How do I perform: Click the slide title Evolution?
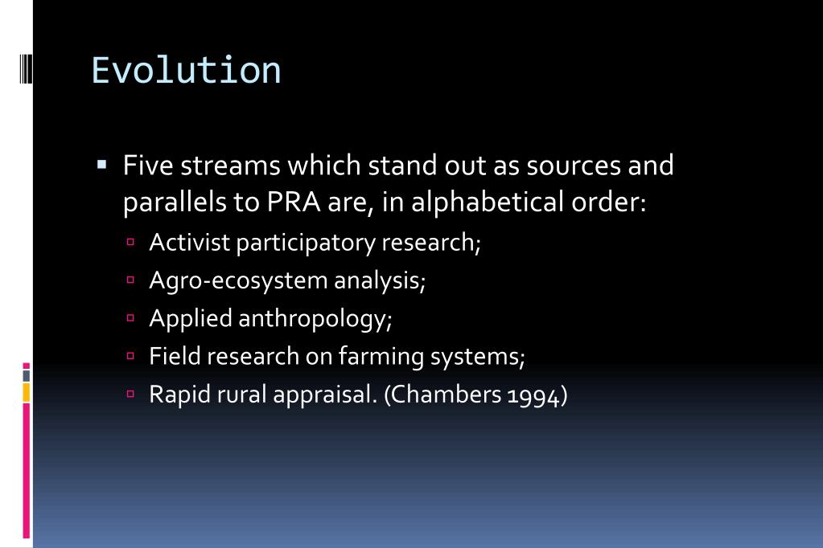click(x=186, y=71)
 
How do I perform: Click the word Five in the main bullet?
click(x=148, y=166)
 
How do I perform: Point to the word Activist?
click(x=189, y=243)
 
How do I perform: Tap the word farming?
click(x=383, y=357)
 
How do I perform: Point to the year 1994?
click(x=534, y=396)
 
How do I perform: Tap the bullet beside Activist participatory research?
click(x=131, y=243)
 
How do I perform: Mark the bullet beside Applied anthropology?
click(x=131, y=319)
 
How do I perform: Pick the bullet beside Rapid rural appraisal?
click(x=131, y=395)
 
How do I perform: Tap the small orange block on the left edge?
click(x=27, y=392)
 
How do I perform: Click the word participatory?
click(x=306, y=243)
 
